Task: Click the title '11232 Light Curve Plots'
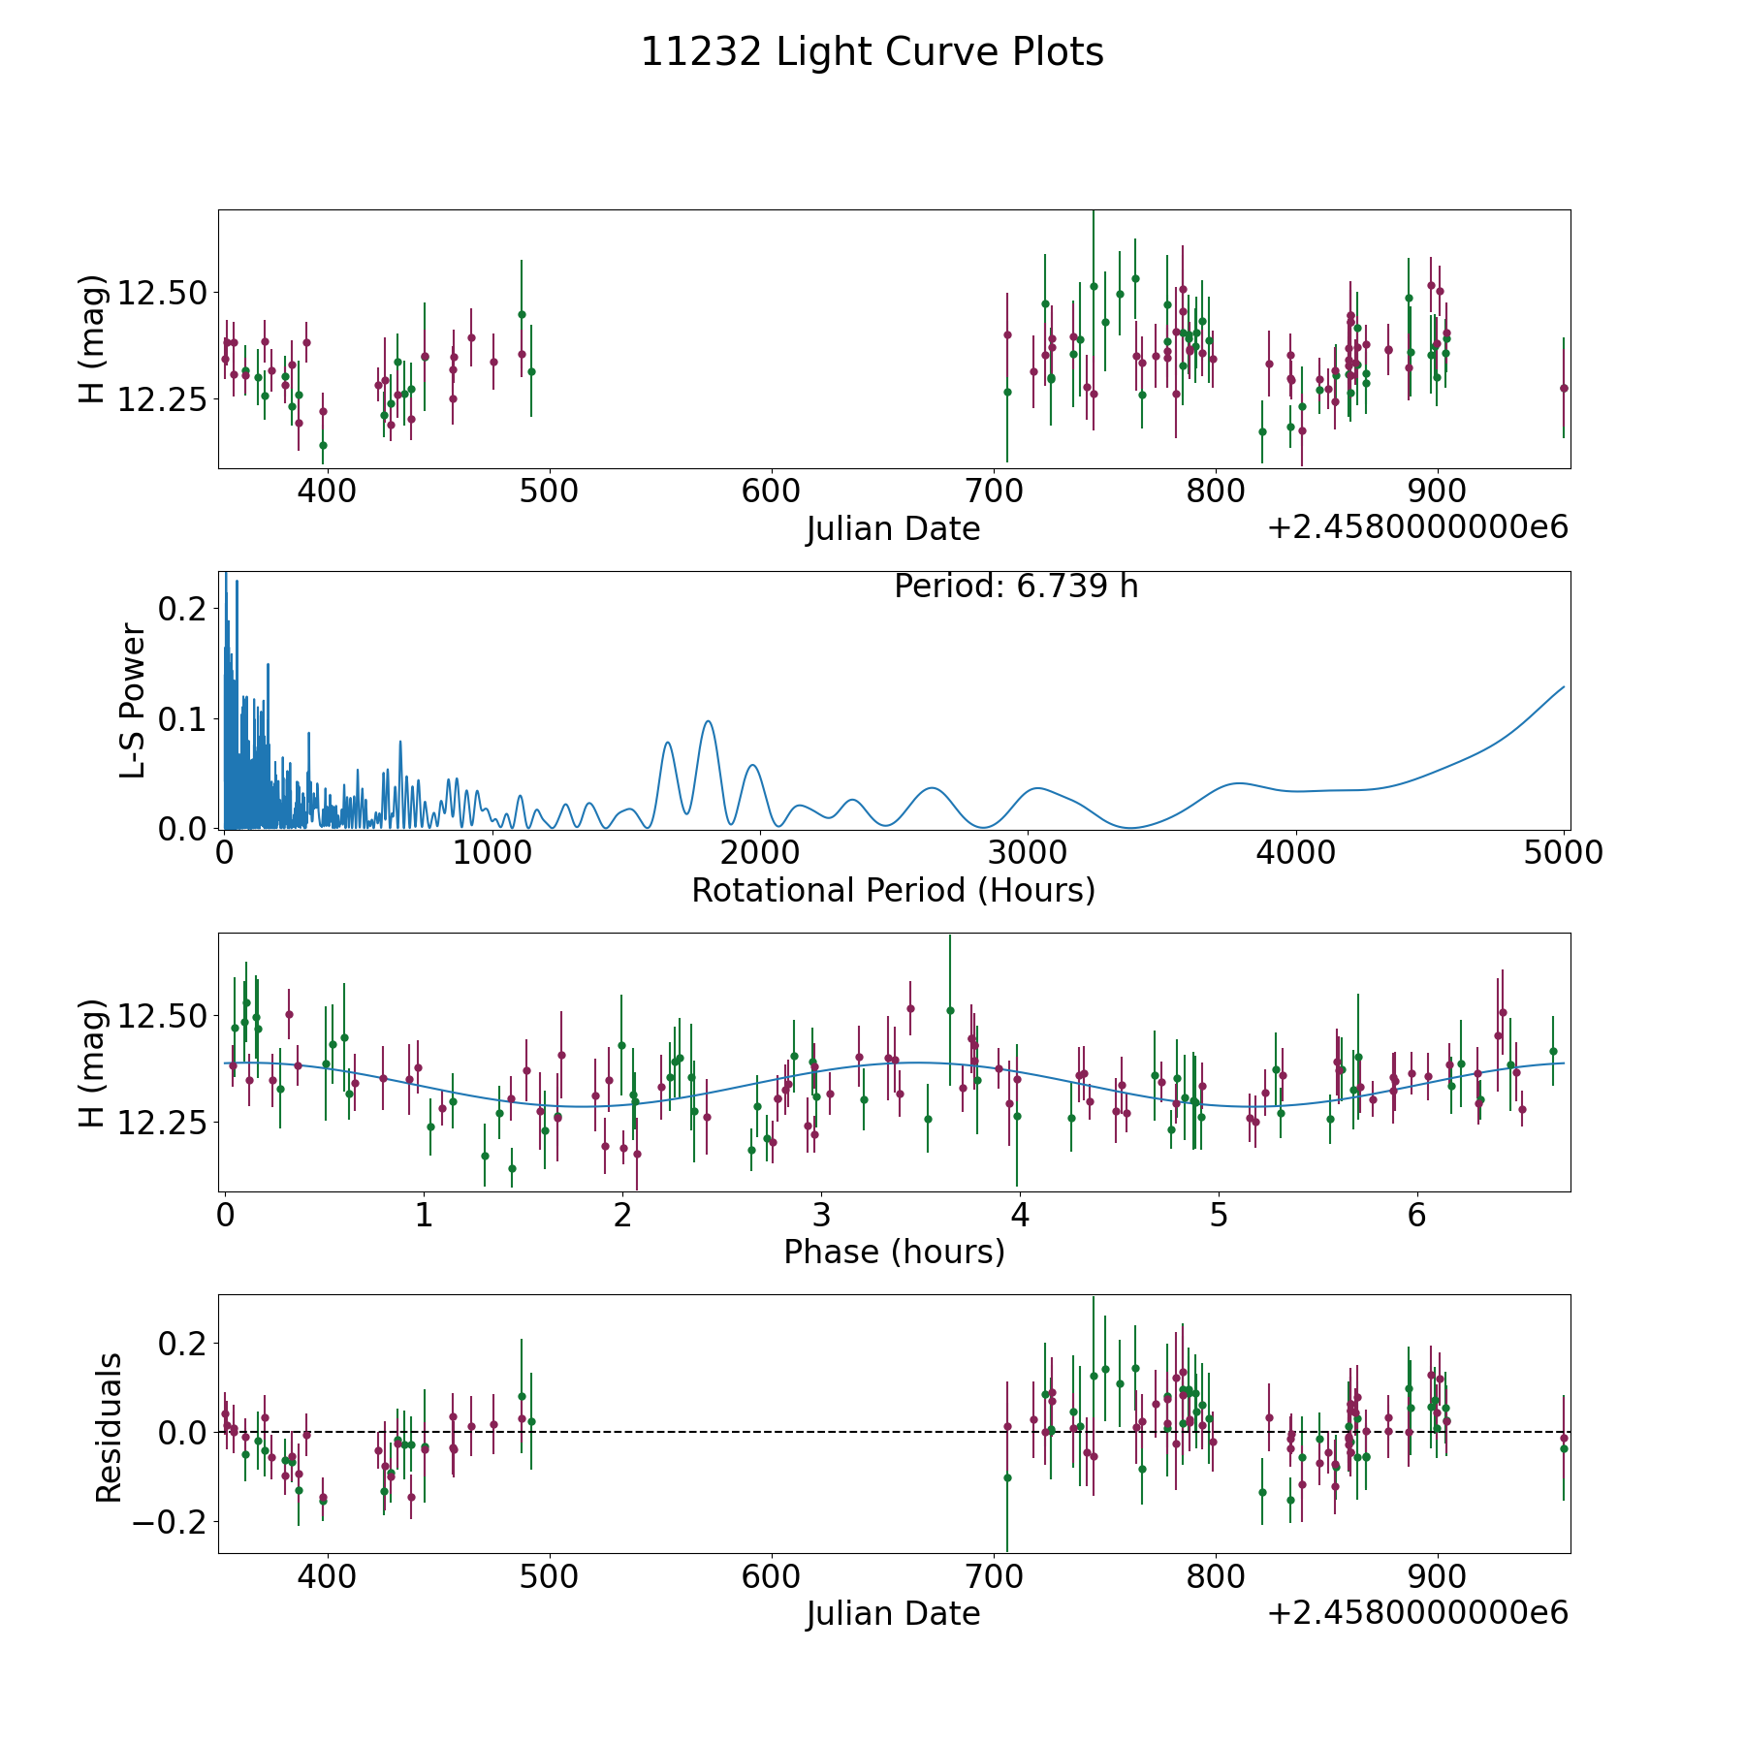coord(872,52)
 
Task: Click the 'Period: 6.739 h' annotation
coord(1015,587)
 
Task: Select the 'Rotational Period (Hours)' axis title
coord(893,890)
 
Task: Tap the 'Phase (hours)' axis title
coord(893,1252)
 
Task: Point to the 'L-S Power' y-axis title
coord(133,700)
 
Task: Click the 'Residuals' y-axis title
coord(109,1427)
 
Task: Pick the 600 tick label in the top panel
coord(771,492)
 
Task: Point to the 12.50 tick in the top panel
coord(162,293)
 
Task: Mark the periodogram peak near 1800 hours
coord(708,721)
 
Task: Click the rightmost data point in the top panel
coord(1563,388)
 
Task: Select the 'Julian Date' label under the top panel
coord(893,529)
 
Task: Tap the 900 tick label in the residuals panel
coord(1437,1576)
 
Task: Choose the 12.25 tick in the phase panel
coord(162,1123)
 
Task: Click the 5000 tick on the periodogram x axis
coord(1564,853)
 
